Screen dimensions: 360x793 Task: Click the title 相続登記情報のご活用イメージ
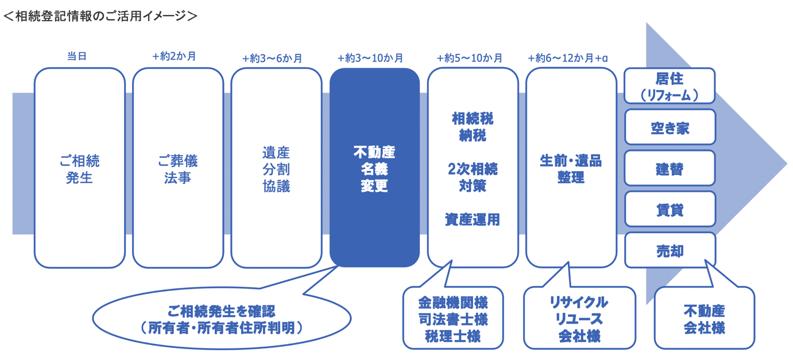100,16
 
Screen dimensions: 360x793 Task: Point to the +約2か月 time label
175,57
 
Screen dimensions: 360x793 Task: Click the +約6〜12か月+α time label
568,58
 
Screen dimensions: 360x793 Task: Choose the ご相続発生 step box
80,168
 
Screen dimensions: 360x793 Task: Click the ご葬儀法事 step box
178,168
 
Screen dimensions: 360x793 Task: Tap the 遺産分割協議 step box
276,168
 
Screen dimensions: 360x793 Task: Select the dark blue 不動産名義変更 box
374,168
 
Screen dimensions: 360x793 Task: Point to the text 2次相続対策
473,177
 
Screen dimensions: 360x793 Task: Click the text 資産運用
473,219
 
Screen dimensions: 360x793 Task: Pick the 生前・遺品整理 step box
571,168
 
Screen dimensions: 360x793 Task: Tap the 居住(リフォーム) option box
670,86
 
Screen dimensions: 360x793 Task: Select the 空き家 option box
670,127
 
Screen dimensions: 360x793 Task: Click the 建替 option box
670,168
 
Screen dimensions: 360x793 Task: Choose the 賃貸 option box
670,209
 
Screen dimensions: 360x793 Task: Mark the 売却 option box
670,250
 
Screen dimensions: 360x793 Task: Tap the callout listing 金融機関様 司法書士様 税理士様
453,318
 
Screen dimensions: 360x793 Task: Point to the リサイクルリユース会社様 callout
579,318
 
